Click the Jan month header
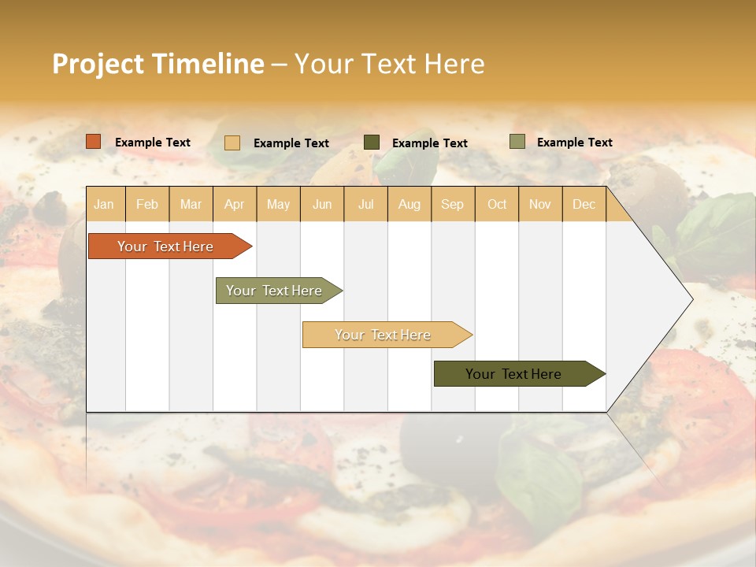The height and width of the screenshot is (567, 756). point(104,204)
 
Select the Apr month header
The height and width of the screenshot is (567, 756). point(234,204)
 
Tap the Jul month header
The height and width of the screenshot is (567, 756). point(365,204)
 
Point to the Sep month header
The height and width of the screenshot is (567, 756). point(452,204)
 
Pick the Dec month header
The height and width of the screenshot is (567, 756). point(584,204)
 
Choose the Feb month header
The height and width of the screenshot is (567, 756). point(147,204)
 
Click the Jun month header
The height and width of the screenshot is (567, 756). point(322,204)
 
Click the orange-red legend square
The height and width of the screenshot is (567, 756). point(94,142)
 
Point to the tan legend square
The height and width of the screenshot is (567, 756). point(232,143)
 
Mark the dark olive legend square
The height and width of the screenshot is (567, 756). point(372,142)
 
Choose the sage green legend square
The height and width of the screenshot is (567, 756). point(517,142)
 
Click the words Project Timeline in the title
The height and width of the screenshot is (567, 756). point(158,64)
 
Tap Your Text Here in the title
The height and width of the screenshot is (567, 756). point(389,64)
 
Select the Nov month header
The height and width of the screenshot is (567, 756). point(539,204)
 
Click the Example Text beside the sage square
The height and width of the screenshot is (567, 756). point(574,143)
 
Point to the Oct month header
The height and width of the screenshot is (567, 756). point(497,204)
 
